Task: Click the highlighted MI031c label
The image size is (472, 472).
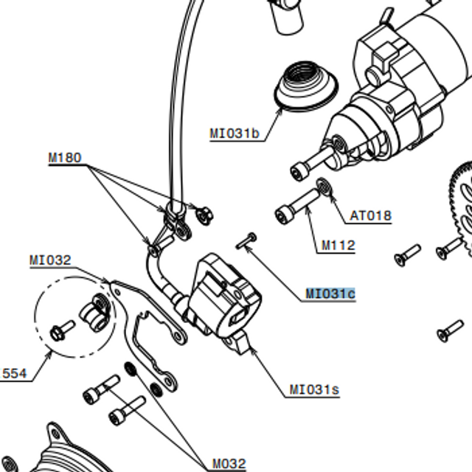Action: tap(330, 294)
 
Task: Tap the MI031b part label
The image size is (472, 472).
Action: tap(235, 133)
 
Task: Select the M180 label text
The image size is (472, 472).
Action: tap(65, 158)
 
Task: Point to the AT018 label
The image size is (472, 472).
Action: tap(370, 216)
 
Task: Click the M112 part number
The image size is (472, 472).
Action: tap(338, 246)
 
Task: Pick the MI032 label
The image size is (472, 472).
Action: tap(50, 260)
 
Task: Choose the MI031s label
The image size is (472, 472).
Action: tap(314, 389)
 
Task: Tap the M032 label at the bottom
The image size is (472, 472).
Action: tap(229, 463)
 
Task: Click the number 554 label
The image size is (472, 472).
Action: tap(14, 374)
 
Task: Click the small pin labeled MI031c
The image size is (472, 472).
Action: tap(246, 240)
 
